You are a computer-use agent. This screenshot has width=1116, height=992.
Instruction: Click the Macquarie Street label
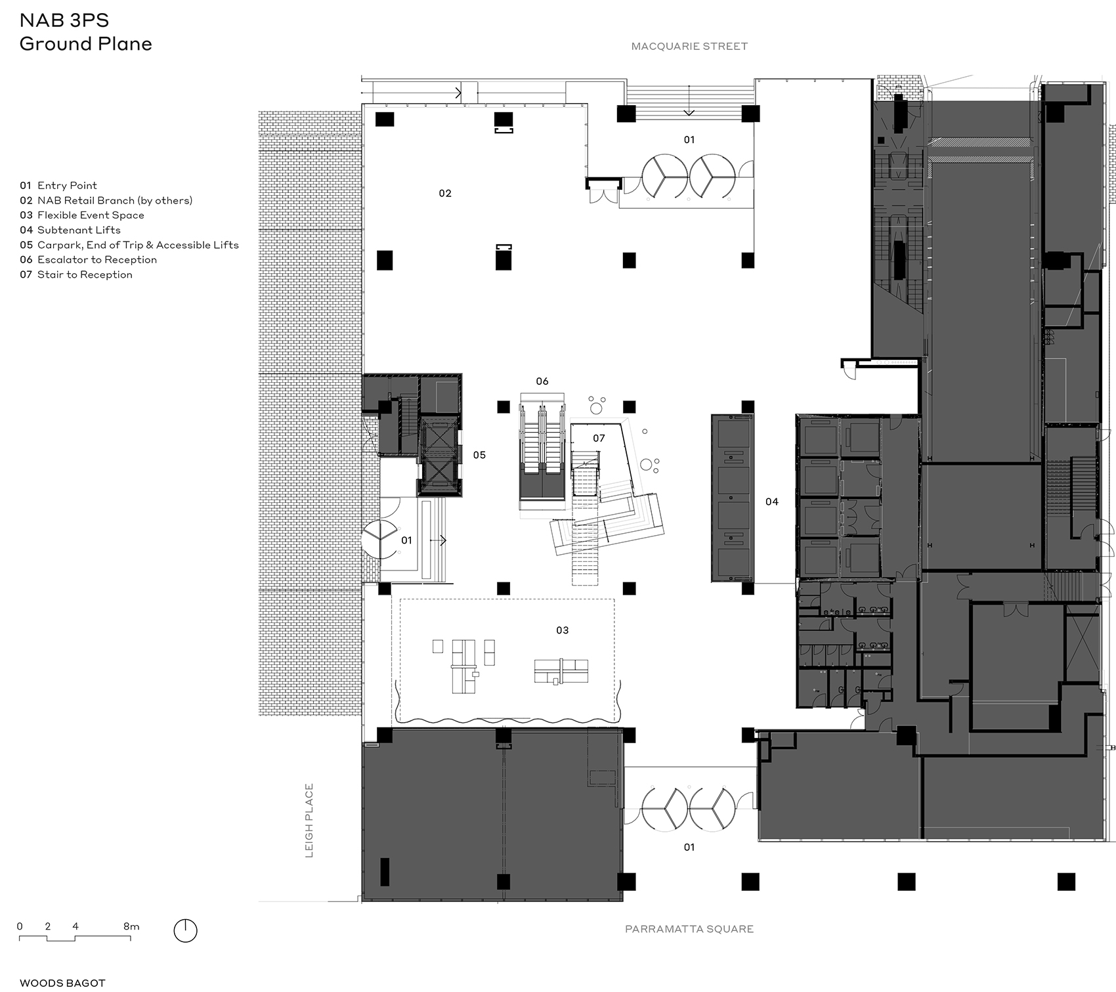[x=689, y=47]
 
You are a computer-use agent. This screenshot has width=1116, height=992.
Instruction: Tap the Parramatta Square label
[x=689, y=929]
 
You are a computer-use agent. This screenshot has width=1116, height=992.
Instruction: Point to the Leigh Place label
[x=309, y=821]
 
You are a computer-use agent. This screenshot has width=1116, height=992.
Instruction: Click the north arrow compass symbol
[x=186, y=931]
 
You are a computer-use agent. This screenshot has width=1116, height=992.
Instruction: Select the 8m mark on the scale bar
[x=131, y=926]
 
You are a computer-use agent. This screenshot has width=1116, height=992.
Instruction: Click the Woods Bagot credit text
[x=62, y=983]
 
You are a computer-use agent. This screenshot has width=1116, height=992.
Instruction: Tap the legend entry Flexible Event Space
[x=91, y=215]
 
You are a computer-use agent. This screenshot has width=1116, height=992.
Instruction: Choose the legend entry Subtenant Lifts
[x=79, y=230]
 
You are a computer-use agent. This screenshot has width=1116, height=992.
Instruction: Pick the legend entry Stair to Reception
[x=85, y=274]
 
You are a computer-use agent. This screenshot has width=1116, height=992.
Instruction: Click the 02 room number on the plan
[x=445, y=193]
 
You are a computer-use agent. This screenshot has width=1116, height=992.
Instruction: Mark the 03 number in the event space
[x=563, y=630]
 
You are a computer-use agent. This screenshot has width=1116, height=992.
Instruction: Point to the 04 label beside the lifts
[x=772, y=502]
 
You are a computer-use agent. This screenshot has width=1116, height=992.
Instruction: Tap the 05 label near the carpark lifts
[x=479, y=455]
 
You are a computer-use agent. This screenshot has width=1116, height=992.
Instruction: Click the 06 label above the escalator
[x=542, y=381]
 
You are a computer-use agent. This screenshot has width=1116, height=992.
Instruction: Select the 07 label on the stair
[x=599, y=438]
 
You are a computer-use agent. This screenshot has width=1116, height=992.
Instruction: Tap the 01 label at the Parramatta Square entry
[x=689, y=848]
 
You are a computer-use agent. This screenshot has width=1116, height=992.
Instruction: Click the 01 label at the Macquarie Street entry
[x=689, y=140]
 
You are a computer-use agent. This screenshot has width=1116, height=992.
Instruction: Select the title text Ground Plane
[x=86, y=44]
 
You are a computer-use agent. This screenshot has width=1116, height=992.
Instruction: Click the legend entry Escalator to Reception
[x=97, y=260]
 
